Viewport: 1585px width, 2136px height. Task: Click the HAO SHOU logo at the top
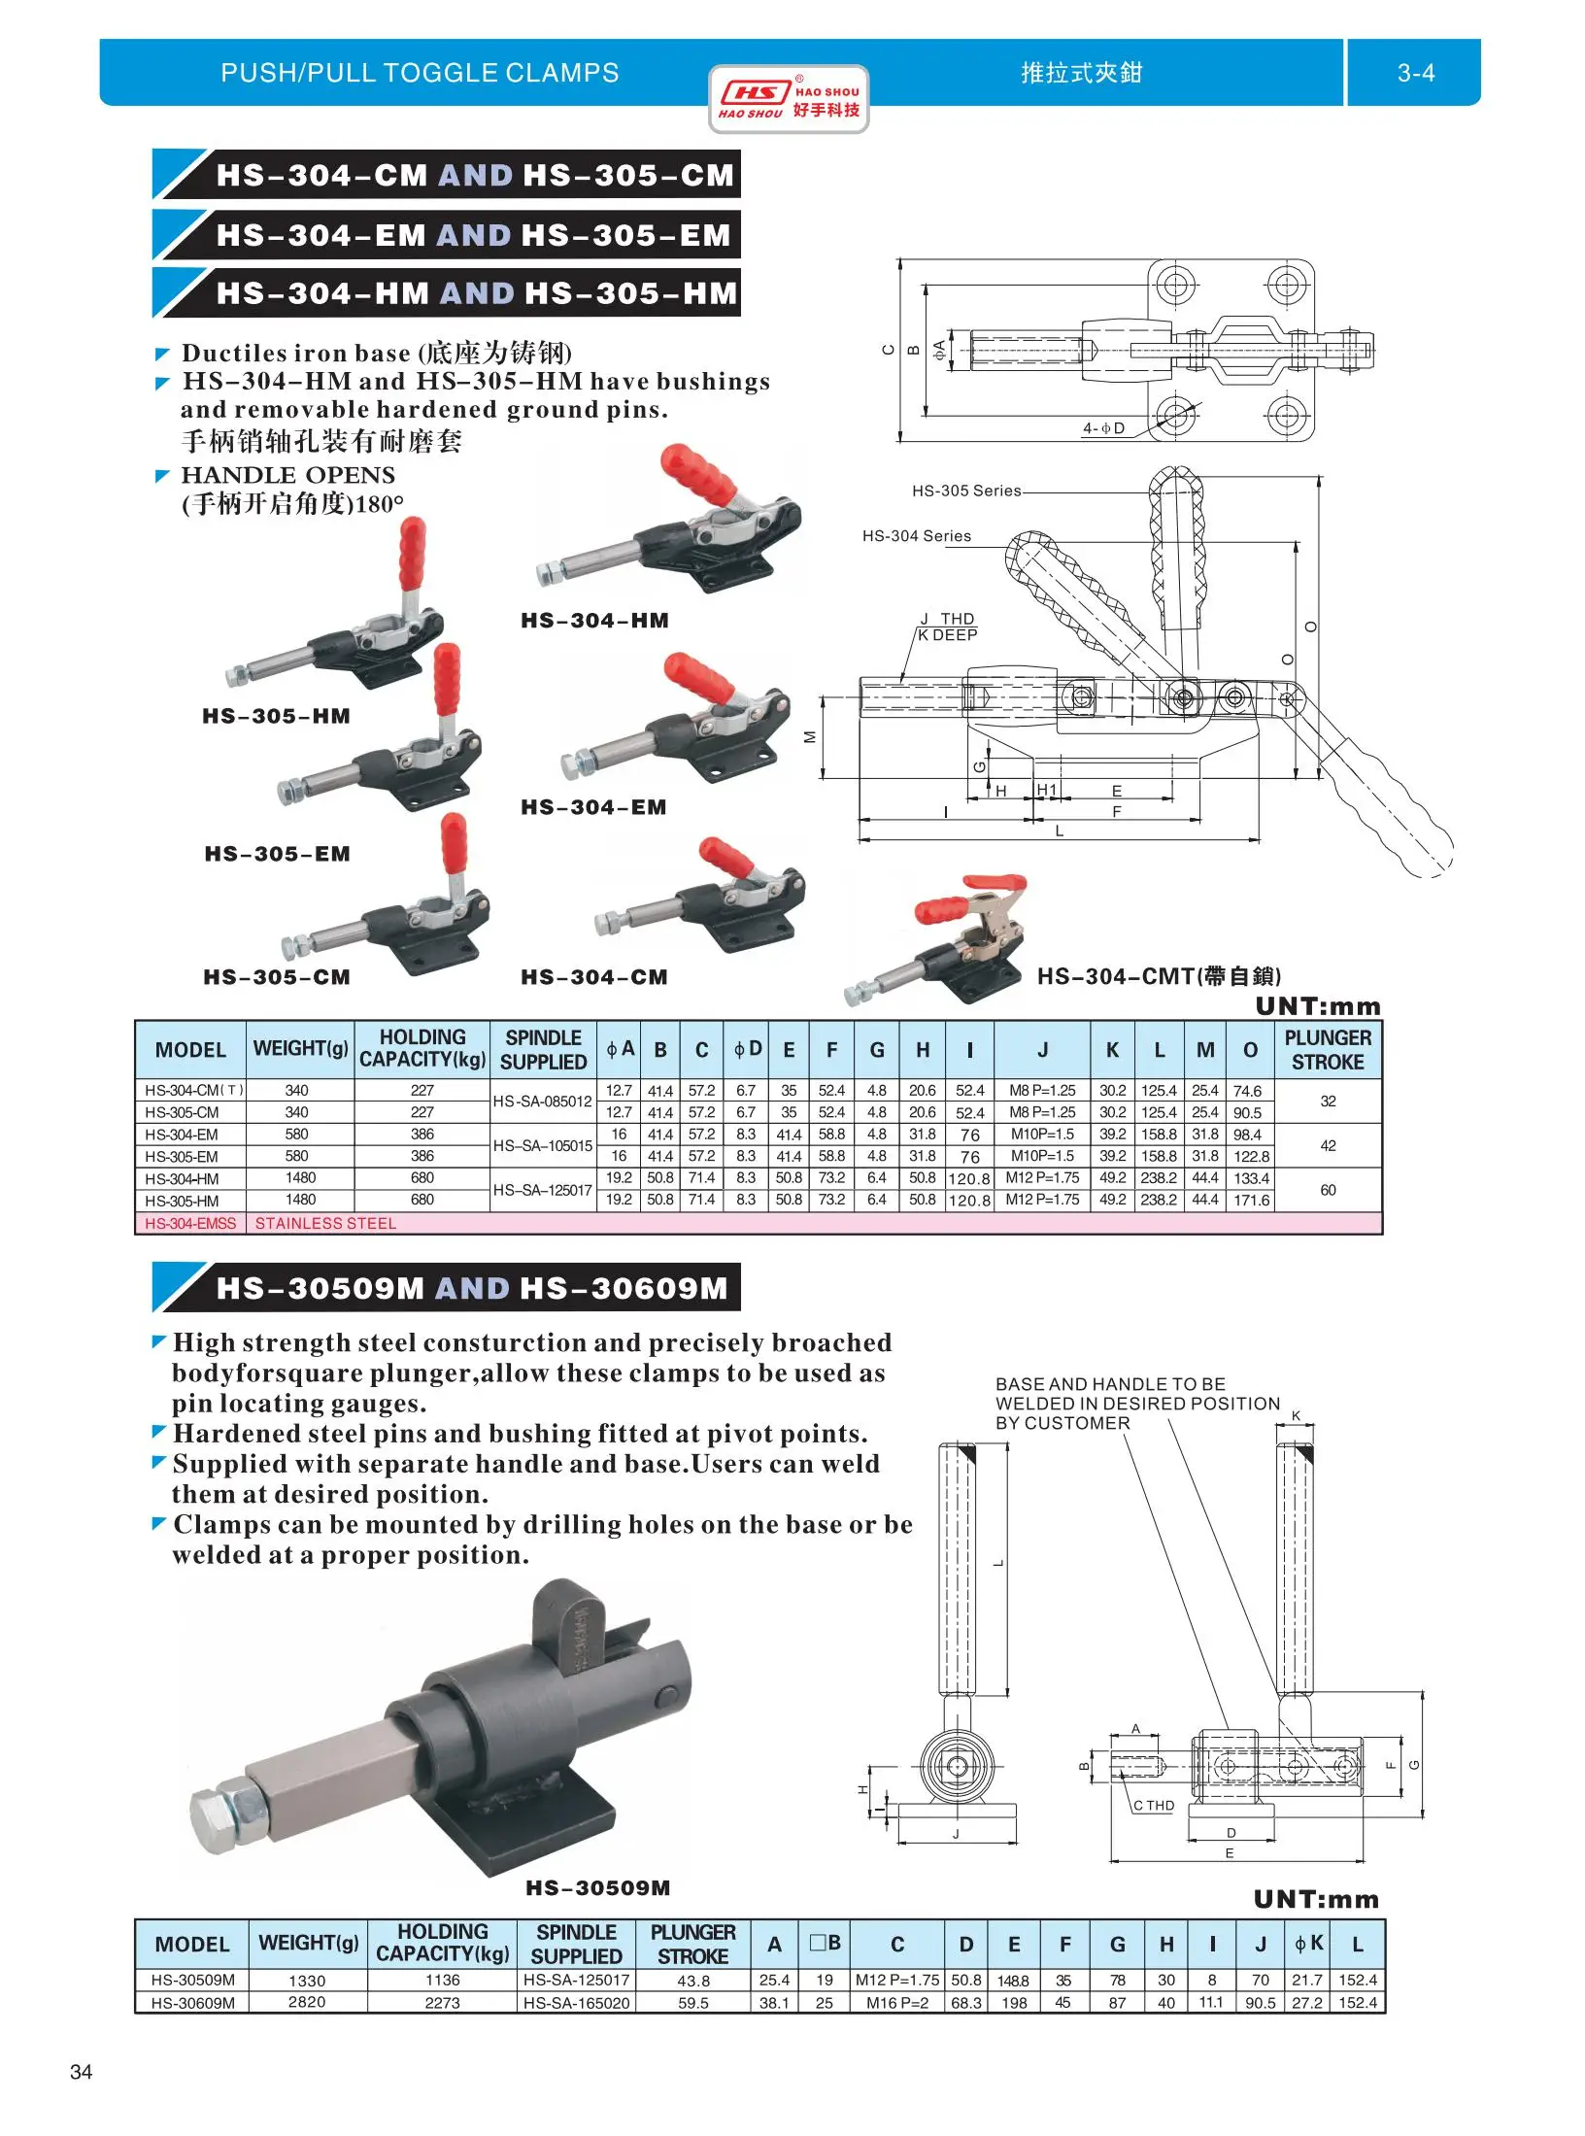pos(788,99)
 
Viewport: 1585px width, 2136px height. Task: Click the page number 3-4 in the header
pos(1415,73)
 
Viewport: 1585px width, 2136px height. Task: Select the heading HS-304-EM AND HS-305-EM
pos(473,235)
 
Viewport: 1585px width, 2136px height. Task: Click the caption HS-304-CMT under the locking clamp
pos(1159,976)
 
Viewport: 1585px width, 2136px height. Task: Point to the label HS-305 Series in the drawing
pos(965,491)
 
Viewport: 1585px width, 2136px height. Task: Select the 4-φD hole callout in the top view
pos(1103,428)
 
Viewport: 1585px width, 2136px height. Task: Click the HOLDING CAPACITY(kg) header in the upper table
pos(422,1049)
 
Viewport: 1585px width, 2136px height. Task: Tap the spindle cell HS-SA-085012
pos(542,1102)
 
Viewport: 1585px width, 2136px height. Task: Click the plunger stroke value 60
pos(1328,1190)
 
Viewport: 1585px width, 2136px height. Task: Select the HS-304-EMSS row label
pos(190,1224)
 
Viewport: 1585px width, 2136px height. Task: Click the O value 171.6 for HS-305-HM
pos(1251,1201)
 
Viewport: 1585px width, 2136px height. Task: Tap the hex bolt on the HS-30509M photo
pos(228,1816)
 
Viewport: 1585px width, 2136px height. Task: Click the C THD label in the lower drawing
pos(1154,1806)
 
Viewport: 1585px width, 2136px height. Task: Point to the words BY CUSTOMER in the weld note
pos(1062,1423)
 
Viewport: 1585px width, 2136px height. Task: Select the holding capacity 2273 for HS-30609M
pos(442,2002)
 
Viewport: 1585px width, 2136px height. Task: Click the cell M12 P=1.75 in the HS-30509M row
pos(896,1980)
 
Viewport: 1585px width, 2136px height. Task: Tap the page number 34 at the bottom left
pos(82,2072)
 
